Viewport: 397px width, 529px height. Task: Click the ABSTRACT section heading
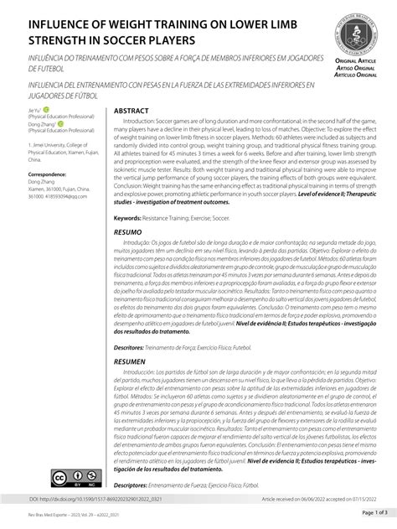[x=132, y=111]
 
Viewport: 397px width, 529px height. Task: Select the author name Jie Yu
[x=34, y=110]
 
